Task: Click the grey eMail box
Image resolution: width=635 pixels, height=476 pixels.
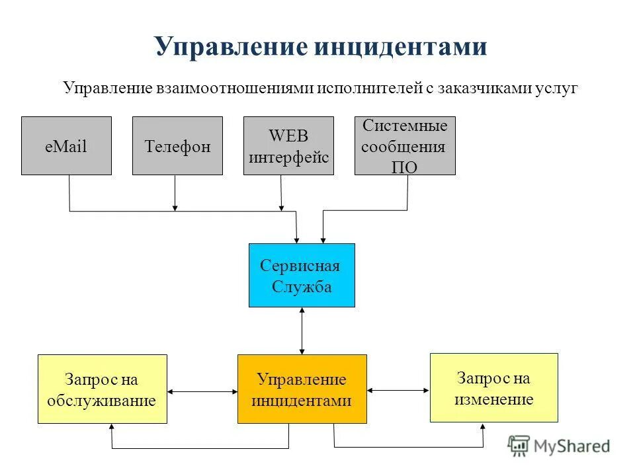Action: coord(66,146)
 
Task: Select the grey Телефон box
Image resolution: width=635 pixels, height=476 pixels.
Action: coord(177,146)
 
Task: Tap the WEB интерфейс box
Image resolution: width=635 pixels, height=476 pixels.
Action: coord(288,146)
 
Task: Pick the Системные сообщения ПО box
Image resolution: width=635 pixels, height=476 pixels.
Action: coord(405,146)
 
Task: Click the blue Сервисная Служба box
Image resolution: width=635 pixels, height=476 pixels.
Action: coord(302,275)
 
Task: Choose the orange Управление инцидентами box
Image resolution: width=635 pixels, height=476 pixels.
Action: coord(302,389)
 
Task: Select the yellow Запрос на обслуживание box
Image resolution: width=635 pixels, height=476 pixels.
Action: coord(102,389)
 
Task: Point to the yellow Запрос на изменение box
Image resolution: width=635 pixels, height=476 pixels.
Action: coord(493,387)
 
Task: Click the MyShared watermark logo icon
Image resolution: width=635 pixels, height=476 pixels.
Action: coord(519,446)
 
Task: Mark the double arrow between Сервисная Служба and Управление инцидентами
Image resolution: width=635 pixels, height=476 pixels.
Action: coord(302,331)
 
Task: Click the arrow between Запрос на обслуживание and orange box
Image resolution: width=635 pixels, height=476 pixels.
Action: coord(202,391)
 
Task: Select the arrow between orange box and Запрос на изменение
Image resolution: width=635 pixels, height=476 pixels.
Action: coord(398,391)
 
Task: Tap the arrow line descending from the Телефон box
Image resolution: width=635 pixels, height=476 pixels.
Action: coord(175,192)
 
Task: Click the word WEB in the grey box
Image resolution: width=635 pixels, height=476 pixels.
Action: coord(288,137)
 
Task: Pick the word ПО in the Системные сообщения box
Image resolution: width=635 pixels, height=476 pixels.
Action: coord(404,167)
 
